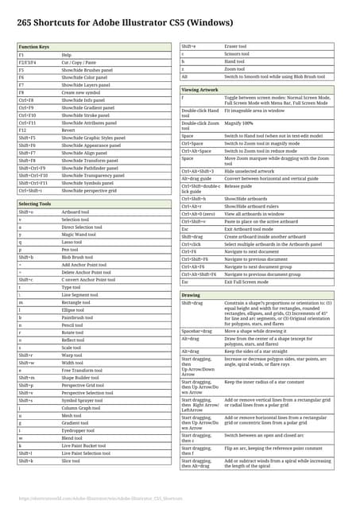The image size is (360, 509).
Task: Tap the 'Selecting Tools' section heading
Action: click(x=35, y=204)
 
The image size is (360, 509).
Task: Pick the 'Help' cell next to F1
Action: click(x=67, y=56)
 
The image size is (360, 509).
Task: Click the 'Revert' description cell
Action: click(x=69, y=130)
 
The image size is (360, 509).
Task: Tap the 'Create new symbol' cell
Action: click(x=80, y=93)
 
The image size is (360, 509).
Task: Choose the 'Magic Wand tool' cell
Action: click(x=79, y=235)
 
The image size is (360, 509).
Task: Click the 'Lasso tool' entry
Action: click(x=72, y=242)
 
